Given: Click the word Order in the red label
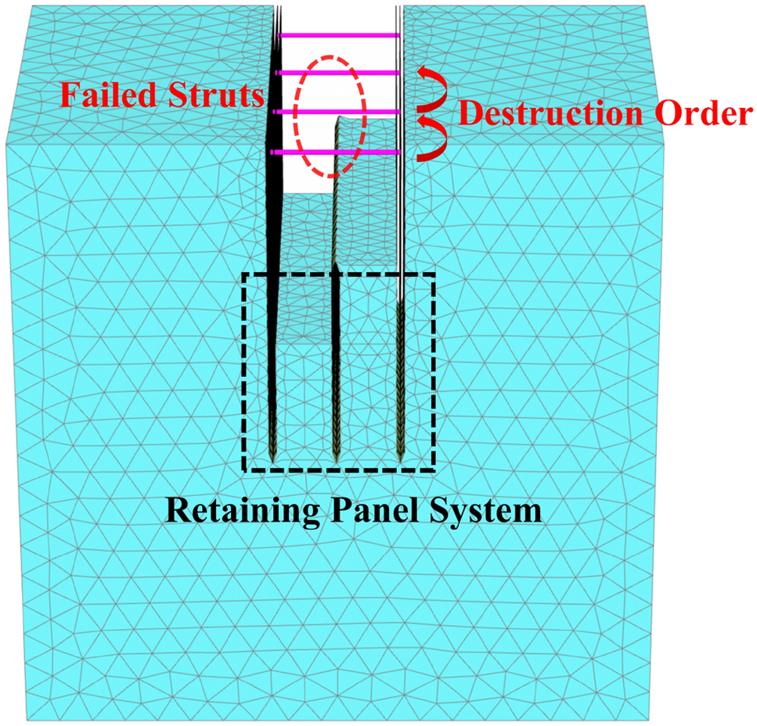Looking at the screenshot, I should (x=698, y=115).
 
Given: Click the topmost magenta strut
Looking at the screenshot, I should (x=339, y=35).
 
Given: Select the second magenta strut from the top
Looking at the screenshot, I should (x=339, y=73).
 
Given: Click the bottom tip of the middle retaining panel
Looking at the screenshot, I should (x=336, y=459).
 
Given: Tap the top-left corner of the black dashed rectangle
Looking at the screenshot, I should (x=244, y=275).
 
